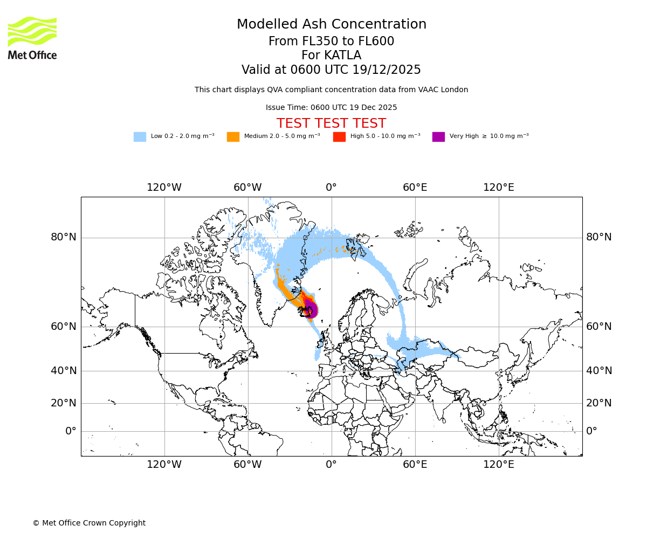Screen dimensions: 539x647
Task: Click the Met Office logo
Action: [x=32, y=38]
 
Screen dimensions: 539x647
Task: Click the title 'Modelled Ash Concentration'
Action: [x=332, y=25]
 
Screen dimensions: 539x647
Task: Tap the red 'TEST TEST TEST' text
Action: [x=331, y=123]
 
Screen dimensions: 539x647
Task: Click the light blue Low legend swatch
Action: [x=140, y=137]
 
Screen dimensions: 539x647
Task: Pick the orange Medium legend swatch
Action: [x=233, y=137]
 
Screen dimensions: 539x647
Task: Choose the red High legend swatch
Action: [x=339, y=137]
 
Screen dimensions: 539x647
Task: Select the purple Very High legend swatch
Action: [x=438, y=137]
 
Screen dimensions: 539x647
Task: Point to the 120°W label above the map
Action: [x=164, y=188]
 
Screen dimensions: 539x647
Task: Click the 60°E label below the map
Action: [x=415, y=464]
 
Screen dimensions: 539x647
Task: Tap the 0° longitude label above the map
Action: [x=331, y=188]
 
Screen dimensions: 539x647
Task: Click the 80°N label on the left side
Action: [x=64, y=237]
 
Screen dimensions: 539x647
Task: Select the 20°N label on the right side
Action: [x=599, y=403]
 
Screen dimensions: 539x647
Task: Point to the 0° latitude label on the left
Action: [x=71, y=431]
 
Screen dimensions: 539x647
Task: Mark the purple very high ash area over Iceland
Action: [x=311, y=310]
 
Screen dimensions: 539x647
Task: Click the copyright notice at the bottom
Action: [x=89, y=523]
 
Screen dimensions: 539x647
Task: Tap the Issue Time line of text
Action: [x=331, y=107]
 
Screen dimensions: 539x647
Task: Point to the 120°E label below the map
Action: [x=498, y=464]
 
